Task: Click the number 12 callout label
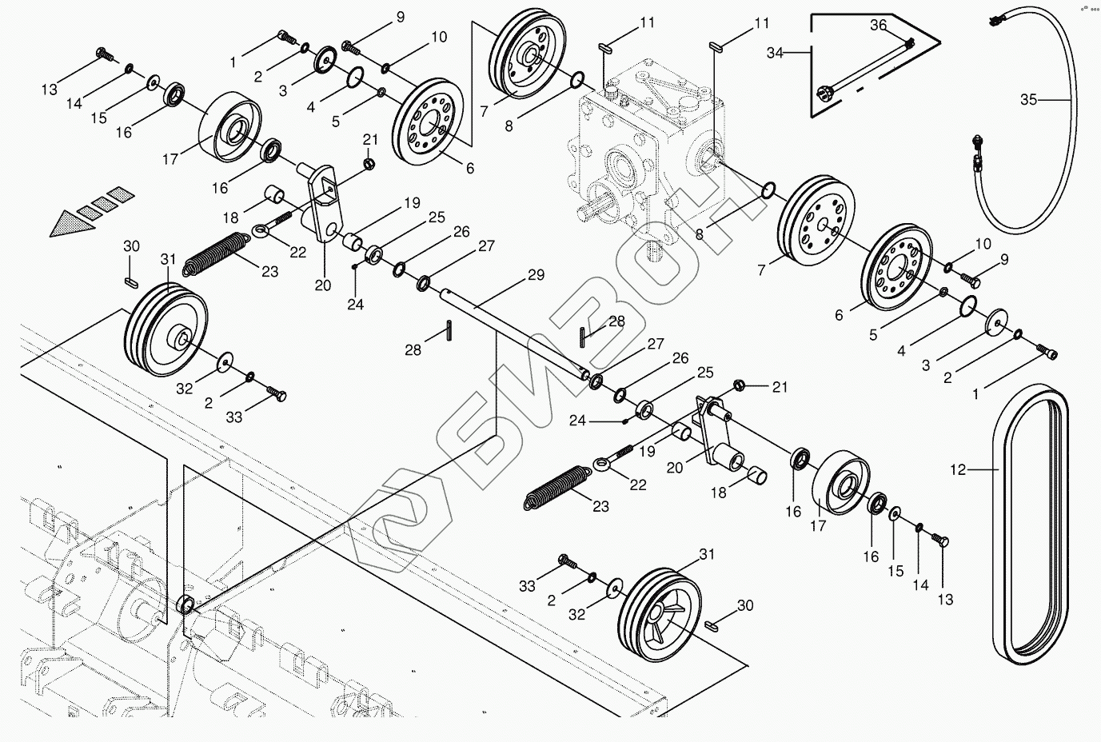[x=958, y=470]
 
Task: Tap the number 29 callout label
[x=536, y=276]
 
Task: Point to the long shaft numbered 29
[x=512, y=332]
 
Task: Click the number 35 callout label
[x=1028, y=100]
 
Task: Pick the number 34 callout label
[x=775, y=54]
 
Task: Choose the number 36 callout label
[x=879, y=26]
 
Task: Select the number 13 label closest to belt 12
[x=945, y=600]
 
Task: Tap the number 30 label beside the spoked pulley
[x=744, y=606]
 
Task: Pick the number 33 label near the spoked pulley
[x=527, y=587]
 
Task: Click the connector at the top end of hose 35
[x=996, y=20]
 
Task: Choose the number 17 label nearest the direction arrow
[x=170, y=159]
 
